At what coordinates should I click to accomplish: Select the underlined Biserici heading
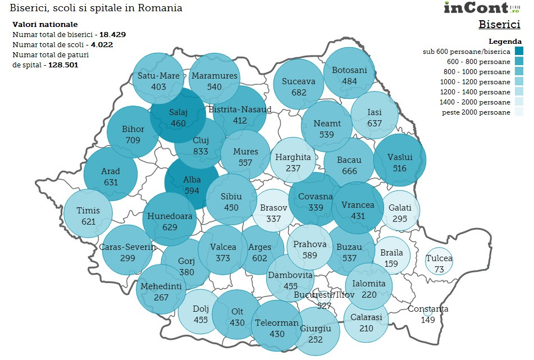(x=499, y=25)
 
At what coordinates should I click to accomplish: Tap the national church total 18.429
(x=112, y=34)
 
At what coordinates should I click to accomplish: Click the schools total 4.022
(x=102, y=44)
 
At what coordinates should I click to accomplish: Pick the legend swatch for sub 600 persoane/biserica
(x=518, y=52)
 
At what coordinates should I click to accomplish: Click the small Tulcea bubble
(x=439, y=261)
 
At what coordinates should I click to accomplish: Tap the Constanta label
(x=428, y=309)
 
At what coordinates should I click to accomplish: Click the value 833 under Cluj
(x=200, y=152)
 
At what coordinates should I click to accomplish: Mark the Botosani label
(x=349, y=70)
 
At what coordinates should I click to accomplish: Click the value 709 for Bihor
(x=133, y=140)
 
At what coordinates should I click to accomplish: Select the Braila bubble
(x=391, y=258)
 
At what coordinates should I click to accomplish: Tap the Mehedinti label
(x=161, y=286)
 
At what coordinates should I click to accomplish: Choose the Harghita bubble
(x=293, y=162)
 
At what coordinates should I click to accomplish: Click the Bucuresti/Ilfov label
(x=324, y=295)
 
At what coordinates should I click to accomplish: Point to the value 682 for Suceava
(x=299, y=92)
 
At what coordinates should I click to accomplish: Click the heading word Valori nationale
(x=45, y=25)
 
